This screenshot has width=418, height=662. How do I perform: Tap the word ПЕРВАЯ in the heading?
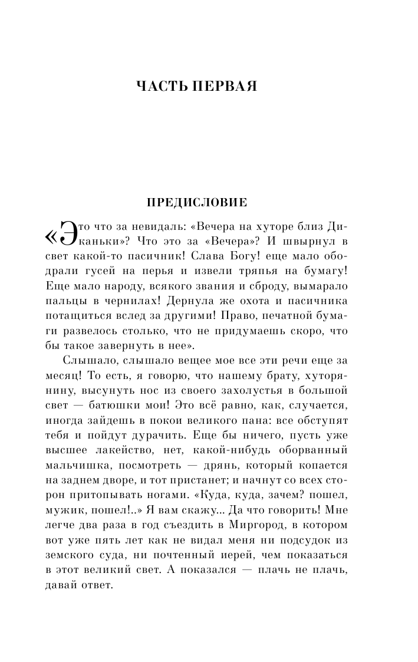pos(227,86)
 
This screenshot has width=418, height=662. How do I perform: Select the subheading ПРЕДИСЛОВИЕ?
pos(196,202)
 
